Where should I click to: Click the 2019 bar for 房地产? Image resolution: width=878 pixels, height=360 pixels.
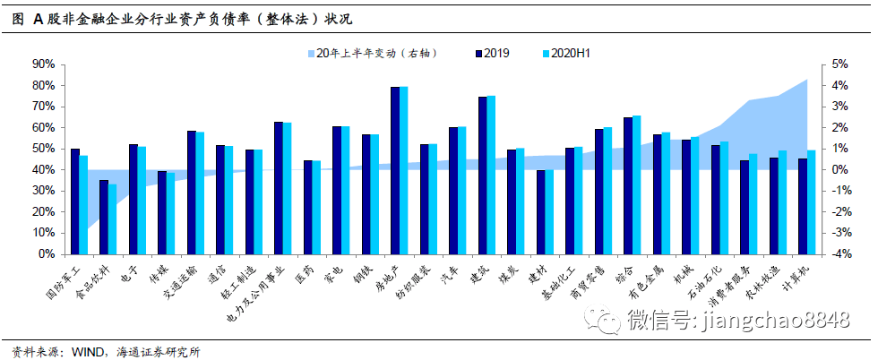(x=395, y=170)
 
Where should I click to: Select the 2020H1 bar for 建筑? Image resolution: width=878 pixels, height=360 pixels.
(x=491, y=175)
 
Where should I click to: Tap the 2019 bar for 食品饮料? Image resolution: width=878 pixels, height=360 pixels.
(x=104, y=217)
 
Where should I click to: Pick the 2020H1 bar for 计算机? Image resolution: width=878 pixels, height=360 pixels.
(x=812, y=201)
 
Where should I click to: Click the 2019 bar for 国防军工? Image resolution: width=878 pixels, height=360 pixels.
(x=75, y=201)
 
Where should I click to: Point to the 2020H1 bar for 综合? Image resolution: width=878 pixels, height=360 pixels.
(x=637, y=184)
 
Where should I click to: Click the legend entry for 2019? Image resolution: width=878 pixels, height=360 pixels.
(x=492, y=54)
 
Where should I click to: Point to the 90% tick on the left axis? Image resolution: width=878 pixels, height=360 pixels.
(x=42, y=64)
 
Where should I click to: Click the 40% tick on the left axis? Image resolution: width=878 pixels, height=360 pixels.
(x=42, y=170)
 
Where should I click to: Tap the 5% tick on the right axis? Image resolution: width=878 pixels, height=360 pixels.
(x=839, y=64)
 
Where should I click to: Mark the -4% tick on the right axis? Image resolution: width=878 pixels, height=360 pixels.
(x=838, y=254)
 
